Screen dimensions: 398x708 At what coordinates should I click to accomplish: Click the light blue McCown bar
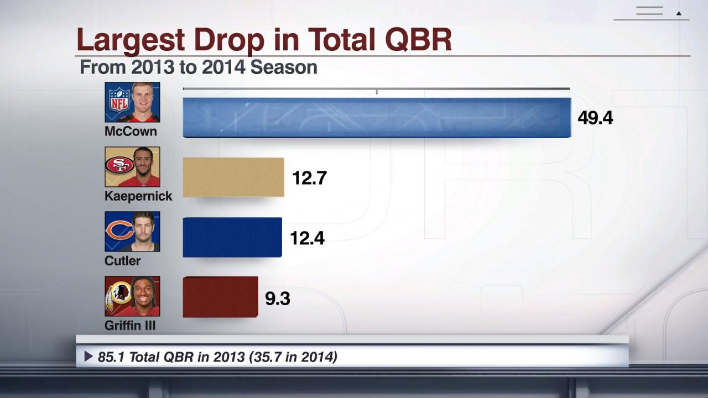[376, 117]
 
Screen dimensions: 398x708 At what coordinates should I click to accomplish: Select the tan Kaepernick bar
[233, 177]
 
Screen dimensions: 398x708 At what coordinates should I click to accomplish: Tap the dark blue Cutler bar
[232, 237]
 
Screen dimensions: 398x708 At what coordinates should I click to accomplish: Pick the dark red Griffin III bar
[220, 297]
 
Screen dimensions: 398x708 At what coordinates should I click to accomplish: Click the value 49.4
[595, 118]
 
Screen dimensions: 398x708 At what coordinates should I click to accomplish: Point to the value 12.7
[310, 178]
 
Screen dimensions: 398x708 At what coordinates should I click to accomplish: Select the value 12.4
[307, 238]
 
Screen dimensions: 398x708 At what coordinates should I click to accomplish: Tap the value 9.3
[278, 298]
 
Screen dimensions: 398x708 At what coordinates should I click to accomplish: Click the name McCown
[131, 132]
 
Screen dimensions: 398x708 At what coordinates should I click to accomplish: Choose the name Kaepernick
[138, 196]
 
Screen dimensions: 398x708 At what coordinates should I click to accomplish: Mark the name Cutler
[122, 261]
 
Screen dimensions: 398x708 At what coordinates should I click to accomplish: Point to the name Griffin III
[130, 326]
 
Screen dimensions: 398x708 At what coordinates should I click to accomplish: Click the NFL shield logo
[118, 99]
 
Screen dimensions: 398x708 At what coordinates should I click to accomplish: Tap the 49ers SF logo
[119, 165]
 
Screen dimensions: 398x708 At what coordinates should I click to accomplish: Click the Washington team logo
[118, 294]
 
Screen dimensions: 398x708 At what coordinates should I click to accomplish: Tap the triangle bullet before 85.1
[88, 357]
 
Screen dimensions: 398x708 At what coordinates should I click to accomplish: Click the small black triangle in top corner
[679, 13]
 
